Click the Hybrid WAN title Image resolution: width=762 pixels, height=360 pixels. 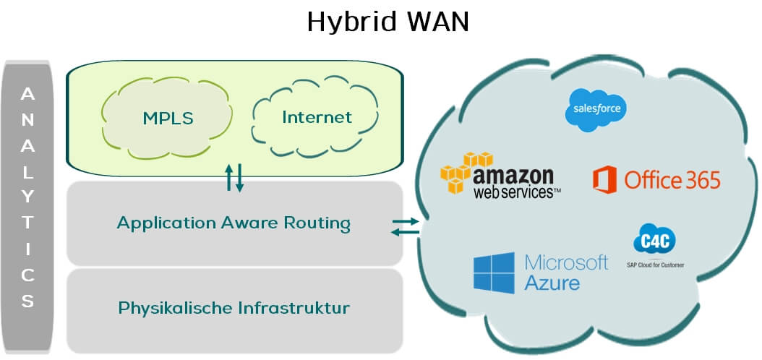pos(388,21)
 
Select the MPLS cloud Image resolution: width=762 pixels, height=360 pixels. pos(167,117)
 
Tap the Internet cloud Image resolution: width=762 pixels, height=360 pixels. pos(317,117)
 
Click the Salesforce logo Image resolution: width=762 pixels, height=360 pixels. pos(595,110)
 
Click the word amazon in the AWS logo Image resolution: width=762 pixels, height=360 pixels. pos(514,176)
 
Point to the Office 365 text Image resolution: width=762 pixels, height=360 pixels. pos(672,179)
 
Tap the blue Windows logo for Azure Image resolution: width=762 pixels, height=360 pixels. pos(494,272)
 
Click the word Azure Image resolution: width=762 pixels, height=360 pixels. pos(552,282)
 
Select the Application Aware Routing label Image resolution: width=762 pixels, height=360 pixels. pos(234,223)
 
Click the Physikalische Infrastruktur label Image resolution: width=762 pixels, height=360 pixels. pos(234,308)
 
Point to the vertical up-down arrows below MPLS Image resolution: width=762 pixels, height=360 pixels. pos(235,178)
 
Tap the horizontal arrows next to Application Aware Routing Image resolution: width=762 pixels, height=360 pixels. pos(405,226)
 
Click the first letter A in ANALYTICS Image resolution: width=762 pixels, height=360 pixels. pos(27,94)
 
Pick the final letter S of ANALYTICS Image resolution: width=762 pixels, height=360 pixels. pos(27,300)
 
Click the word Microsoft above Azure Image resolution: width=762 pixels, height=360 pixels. pos(566,261)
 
